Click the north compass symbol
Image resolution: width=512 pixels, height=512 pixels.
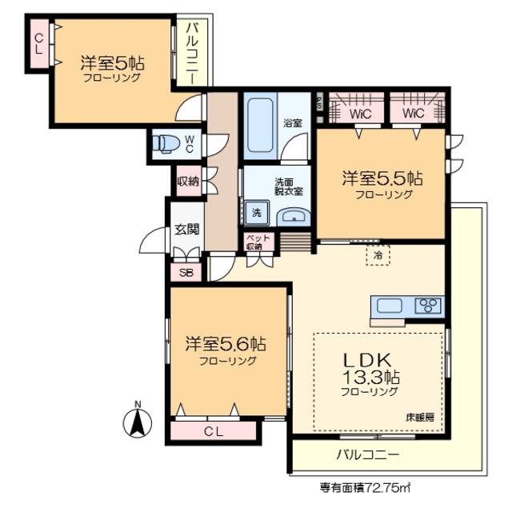[138, 421]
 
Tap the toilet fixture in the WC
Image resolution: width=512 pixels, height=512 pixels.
[166, 143]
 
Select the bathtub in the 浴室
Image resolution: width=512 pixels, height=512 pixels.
[260, 126]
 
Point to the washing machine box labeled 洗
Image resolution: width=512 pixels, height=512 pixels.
[257, 212]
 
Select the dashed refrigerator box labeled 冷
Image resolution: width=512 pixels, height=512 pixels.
[378, 255]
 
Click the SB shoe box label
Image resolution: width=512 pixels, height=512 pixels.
[186, 272]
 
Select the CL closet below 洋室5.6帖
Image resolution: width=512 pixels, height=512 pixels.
[213, 432]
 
